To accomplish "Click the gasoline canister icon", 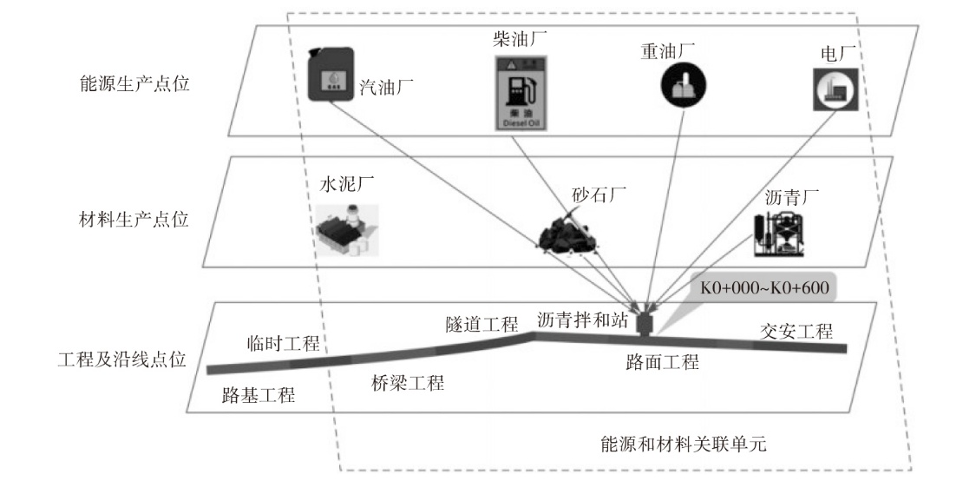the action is point(331,74).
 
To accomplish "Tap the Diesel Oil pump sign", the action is point(521,92).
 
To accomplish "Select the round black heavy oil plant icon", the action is point(685,82).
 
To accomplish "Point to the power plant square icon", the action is point(836,89).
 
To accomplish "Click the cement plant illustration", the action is point(346,229).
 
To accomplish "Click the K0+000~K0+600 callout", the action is point(765,288).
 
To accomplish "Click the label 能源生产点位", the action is point(134,83).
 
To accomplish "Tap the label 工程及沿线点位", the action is point(122,359).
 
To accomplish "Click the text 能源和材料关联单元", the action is point(684,444).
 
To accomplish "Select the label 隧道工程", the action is point(481,324).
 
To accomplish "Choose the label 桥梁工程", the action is point(408,382).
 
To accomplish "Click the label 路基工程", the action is point(259,395).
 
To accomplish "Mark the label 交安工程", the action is point(796,330).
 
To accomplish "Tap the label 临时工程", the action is point(283,342).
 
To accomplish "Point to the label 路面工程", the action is point(662,361).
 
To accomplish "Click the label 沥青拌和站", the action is point(583,319).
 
